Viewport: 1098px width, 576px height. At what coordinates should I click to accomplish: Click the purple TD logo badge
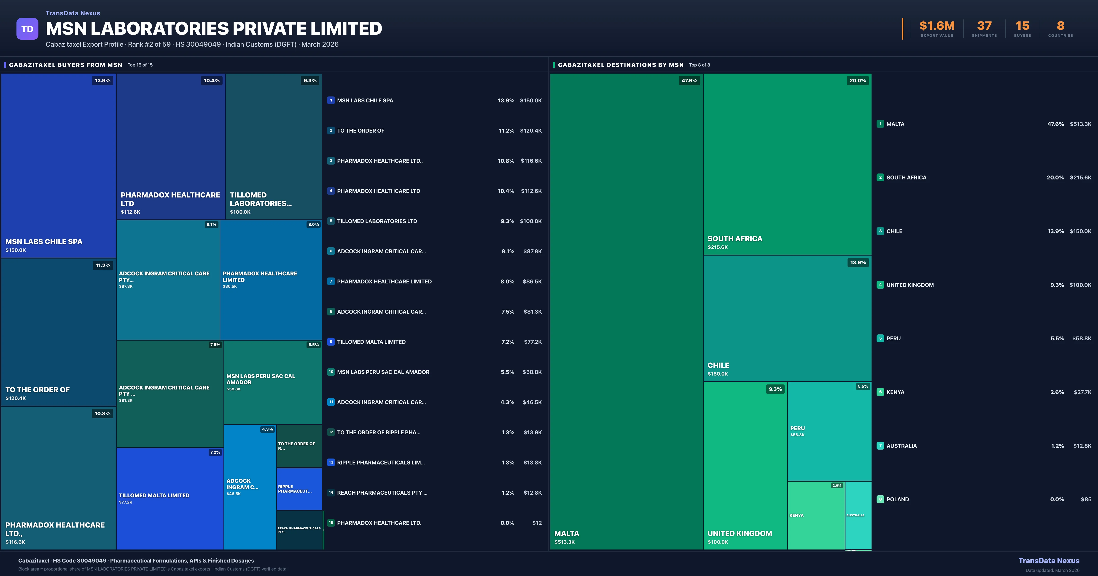pos(27,29)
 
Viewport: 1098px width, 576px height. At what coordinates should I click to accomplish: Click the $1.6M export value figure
pos(937,26)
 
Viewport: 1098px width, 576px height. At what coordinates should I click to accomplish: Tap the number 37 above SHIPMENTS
pos(984,26)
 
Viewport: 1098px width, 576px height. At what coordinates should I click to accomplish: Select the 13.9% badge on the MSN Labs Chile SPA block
pos(102,80)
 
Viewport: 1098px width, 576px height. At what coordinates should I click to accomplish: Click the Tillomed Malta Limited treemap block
pos(170,499)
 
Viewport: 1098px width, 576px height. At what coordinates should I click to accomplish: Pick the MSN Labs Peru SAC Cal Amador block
pos(273,382)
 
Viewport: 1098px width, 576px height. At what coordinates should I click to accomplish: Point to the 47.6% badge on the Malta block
pos(689,80)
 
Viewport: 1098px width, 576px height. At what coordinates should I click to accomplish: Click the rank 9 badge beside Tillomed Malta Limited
pos(331,342)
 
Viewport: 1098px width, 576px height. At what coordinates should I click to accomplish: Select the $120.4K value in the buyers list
pos(531,131)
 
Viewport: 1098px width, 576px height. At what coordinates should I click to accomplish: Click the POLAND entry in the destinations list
pos(898,499)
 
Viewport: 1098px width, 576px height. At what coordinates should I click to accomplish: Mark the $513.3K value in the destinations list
pos(1081,124)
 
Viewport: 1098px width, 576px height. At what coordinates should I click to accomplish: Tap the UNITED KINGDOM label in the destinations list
pos(910,285)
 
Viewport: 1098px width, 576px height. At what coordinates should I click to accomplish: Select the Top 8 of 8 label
pos(700,65)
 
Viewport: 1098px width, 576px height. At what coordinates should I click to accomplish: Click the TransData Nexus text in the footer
pos(1049,561)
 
